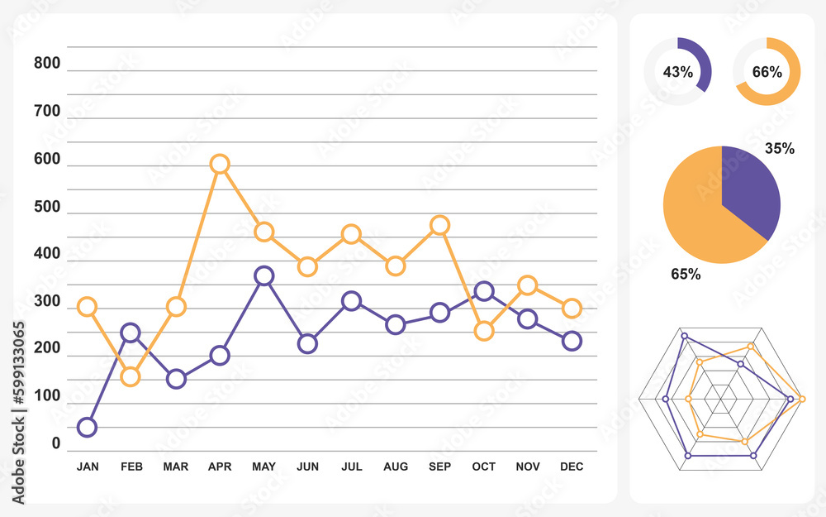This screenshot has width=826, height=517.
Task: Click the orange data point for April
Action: (219, 164)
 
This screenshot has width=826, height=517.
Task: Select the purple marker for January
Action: (87, 428)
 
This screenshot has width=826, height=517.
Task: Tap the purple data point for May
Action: (263, 275)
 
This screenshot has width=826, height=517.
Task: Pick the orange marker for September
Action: (440, 225)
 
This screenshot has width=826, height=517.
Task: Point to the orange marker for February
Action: (131, 377)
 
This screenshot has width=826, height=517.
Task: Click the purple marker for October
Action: (484, 290)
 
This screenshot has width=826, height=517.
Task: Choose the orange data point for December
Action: (572, 309)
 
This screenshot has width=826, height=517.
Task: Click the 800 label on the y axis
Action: (47, 64)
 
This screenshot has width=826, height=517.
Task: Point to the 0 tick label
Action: (56, 444)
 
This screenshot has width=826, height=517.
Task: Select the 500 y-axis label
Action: (47, 207)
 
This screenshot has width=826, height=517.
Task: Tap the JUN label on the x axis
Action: (307, 467)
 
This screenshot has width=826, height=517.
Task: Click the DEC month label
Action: (572, 467)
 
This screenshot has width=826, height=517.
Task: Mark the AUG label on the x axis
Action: (396, 467)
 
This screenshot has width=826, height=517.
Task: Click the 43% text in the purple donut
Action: (677, 72)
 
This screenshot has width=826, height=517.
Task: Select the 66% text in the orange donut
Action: (767, 72)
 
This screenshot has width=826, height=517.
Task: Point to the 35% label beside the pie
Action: (780, 149)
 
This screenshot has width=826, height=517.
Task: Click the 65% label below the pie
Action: (686, 274)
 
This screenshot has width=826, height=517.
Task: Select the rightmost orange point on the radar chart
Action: (801, 400)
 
